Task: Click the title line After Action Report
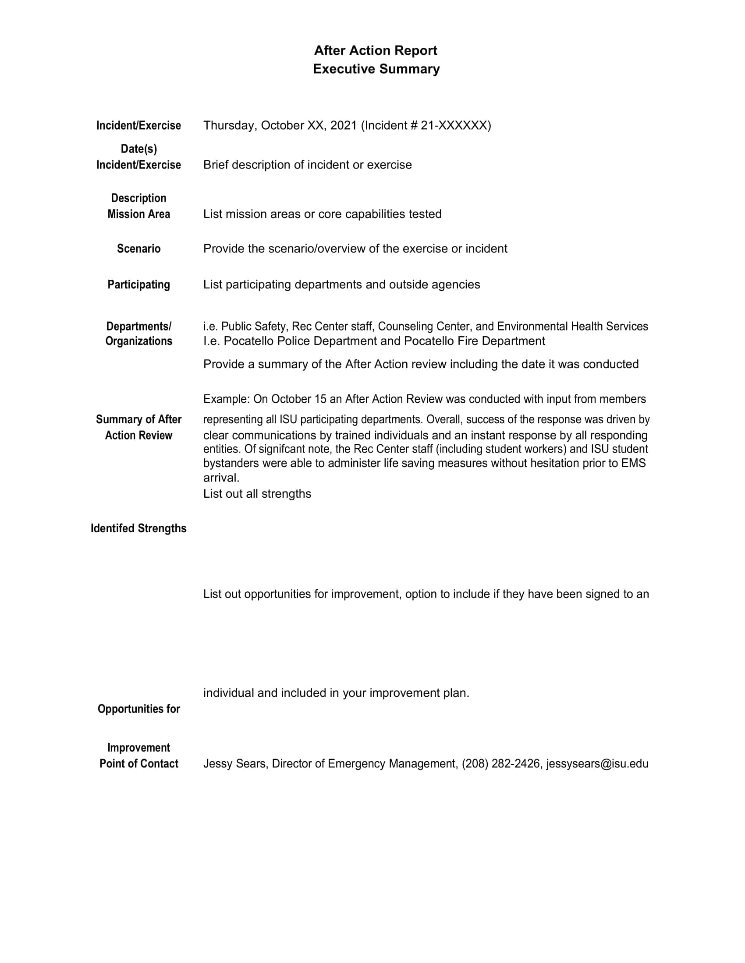pyautogui.click(x=375, y=51)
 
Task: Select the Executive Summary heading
pyautogui.click(x=376, y=69)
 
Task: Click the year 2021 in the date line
pyautogui.click(x=344, y=126)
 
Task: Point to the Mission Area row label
pyautogui.click(x=138, y=214)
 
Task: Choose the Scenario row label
pyautogui.click(x=138, y=249)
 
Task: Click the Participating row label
pyautogui.click(x=138, y=285)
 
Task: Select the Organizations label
pyautogui.click(x=138, y=341)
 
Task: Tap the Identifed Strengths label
pyautogui.click(x=138, y=529)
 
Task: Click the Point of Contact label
pyautogui.click(x=138, y=764)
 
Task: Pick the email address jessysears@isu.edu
pyautogui.click(x=597, y=764)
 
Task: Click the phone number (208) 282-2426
pyautogui.click(x=501, y=764)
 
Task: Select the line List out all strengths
pyautogui.click(x=257, y=494)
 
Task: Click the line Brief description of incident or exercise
pyautogui.click(x=307, y=165)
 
